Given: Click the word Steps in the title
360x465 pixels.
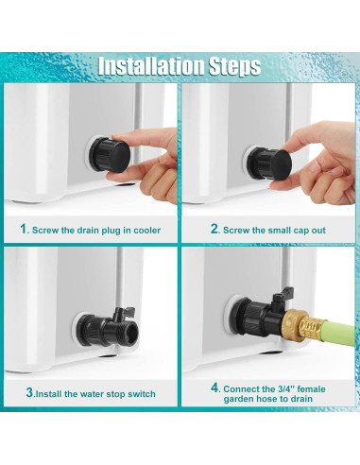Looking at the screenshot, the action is pos(235,67).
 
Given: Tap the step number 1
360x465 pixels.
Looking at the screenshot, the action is pos(24,229).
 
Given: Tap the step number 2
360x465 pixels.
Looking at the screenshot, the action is pos(214,229).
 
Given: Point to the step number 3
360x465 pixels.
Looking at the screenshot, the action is pos(29,392).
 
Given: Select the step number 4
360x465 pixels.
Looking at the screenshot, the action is pos(214,387).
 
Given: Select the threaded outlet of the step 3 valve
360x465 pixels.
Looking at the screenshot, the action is pos(131,330).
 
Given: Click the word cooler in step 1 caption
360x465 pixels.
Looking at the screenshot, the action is pos(147,231).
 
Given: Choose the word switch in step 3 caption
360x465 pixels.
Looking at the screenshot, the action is pos(142,394).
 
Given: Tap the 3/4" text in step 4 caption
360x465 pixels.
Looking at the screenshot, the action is pos(284,389).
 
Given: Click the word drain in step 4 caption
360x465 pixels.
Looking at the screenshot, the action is pos(301,399).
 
